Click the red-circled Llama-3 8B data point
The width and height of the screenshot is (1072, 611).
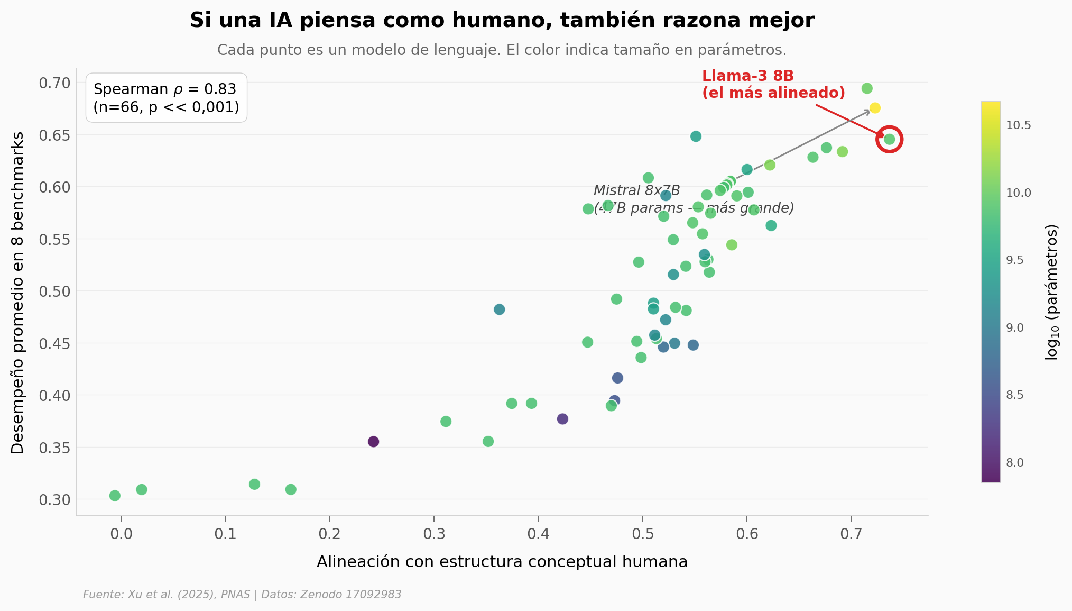pos(889,140)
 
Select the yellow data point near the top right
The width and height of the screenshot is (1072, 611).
pos(875,108)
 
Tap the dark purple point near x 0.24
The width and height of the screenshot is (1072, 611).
pos(373,442)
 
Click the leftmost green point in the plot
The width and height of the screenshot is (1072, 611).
pos(115,496)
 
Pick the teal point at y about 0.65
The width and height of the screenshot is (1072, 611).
pos(696,136)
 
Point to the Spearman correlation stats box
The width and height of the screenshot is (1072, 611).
pos(166,98)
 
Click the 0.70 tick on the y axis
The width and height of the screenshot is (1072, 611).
pos(54,83)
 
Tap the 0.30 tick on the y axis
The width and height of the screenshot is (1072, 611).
pos(54,500)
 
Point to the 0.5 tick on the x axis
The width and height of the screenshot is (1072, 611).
pos(642,534)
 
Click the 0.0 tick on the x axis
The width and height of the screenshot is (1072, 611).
pos(121,534)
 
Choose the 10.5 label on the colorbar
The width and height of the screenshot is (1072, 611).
pos(1018,125)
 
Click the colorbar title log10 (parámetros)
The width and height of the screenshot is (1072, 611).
pos(1052,292)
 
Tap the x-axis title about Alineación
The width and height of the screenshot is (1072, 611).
pos(502,562)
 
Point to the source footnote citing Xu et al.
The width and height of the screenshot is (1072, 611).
pos(242,595)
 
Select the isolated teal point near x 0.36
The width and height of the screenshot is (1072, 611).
pos(499,309)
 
